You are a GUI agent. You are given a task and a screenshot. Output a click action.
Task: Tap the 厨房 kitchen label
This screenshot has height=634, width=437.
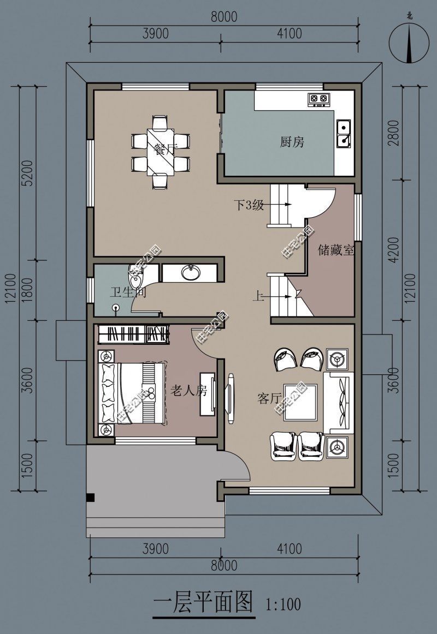pyautogui.click(x=292, y=142)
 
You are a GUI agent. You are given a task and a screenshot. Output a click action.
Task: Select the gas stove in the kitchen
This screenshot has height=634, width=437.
pyautogui.click(x=318, y=99)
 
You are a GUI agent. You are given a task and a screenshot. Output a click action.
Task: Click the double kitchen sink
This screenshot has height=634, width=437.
pyautogui.click(x=344, y=134)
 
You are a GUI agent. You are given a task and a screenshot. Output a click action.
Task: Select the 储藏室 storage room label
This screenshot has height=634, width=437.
pyautogui.click(x=336, y=250)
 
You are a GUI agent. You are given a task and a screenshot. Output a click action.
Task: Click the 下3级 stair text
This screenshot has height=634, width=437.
pyautogui.click(x=249, y=205)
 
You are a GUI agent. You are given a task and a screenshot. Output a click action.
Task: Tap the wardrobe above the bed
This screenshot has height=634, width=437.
pyautogui.click(x=132, y=334)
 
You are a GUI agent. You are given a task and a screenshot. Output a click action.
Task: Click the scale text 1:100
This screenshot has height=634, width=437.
pyautogui.click(x=283, y=604)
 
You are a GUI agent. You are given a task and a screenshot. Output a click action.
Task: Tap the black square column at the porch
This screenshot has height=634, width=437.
pyautogui.click(x=91, y=497)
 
